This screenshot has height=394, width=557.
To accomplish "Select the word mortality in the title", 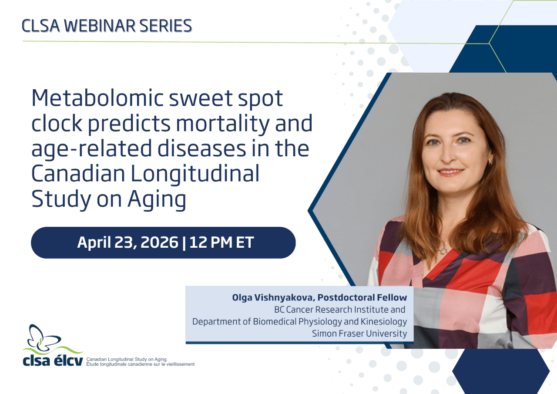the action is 223,124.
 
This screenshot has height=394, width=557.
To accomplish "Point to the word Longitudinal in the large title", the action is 195,174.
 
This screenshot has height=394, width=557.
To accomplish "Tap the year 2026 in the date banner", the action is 159,242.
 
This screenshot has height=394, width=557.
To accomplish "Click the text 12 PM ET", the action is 221,242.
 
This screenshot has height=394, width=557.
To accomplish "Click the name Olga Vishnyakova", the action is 273,297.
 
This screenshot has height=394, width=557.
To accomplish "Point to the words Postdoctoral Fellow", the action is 362,297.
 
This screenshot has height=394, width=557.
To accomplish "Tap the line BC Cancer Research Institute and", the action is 340,310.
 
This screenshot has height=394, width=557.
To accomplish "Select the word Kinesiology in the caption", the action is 384,322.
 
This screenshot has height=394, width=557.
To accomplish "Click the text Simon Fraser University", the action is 359,333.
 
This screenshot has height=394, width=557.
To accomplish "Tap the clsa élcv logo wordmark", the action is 53,361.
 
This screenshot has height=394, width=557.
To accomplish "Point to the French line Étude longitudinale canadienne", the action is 140,364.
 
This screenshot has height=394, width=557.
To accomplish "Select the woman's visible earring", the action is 490,163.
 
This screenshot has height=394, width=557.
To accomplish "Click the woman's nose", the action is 447,155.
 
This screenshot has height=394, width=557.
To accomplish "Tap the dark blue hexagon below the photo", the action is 501,371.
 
